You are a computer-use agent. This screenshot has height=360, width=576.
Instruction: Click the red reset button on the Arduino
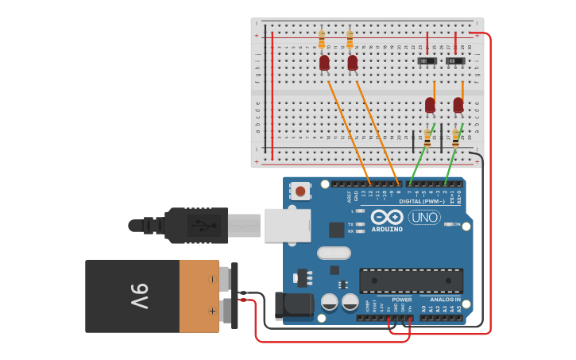[300, 191]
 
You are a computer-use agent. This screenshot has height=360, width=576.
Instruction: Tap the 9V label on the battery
[140, 296]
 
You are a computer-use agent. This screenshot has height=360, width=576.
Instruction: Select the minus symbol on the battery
[211, 280]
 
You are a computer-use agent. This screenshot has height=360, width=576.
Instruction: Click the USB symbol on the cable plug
[203, 225]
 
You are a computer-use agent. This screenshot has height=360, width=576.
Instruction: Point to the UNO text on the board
[423, 217]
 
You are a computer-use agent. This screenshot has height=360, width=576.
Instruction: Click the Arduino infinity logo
[387, 217]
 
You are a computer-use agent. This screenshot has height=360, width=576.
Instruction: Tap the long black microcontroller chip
[411, 281]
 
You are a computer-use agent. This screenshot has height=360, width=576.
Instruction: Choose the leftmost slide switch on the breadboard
[427, 60]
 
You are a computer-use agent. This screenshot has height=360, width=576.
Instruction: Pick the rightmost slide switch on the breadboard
[455, 60]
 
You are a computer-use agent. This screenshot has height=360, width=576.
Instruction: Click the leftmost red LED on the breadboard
[324, 63]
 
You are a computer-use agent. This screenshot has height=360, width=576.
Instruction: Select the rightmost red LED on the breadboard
[458, 105]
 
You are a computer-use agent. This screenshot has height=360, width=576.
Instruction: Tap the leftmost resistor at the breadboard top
[322, 39]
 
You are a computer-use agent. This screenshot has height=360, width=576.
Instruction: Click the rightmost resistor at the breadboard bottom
[455, 138]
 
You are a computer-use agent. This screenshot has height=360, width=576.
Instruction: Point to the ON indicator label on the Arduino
[458, 225]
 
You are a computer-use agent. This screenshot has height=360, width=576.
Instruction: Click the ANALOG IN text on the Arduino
[445, 300]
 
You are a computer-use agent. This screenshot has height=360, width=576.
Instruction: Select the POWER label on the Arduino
[401, 300]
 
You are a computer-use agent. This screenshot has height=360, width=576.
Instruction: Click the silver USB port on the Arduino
[286, 226]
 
